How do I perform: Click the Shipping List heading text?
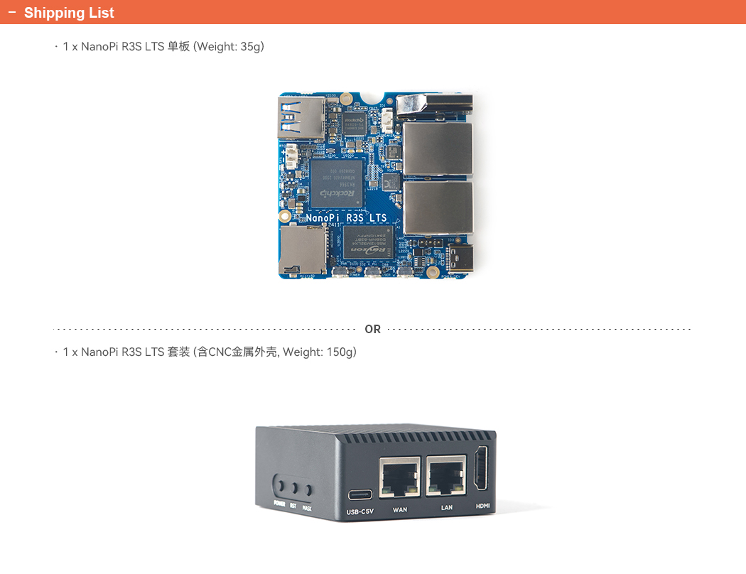(x=69, y=13)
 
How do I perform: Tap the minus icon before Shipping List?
(x=11, y=13)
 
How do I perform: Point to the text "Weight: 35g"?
(x=229, y=47)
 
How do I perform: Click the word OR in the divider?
(x=372, y=329)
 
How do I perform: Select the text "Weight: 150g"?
(x=319, y=352)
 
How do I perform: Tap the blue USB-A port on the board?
(x=300, y=117)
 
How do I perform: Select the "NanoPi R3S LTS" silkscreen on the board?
(x=346, y=218)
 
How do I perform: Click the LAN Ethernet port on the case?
(x=446, y=475)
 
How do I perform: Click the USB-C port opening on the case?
(x=360, y=494)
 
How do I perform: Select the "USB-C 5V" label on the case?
(x=360, y=511)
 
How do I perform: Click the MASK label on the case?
(x=307, y=508)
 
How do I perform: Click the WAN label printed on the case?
(x=400, y=509)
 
